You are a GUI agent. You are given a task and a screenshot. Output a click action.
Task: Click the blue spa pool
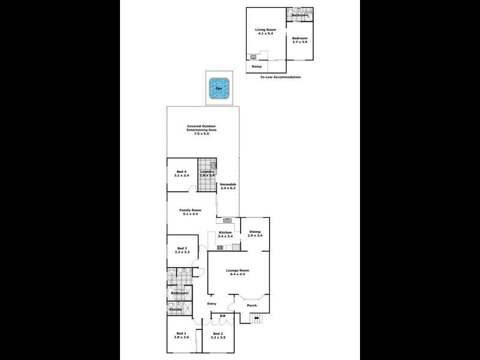(218, 88)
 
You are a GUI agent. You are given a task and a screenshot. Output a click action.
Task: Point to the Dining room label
(255, 233)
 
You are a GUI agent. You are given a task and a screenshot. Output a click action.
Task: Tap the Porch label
(252, 305)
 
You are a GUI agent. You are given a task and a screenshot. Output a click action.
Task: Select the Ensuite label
(175, 310)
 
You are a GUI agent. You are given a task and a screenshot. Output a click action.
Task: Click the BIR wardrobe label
(221, 316)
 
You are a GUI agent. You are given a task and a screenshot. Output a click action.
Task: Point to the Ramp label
(256, 67)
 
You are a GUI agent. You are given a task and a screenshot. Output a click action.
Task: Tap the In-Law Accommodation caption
(280, 77)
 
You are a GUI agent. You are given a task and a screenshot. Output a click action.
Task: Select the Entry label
(211, 304)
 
